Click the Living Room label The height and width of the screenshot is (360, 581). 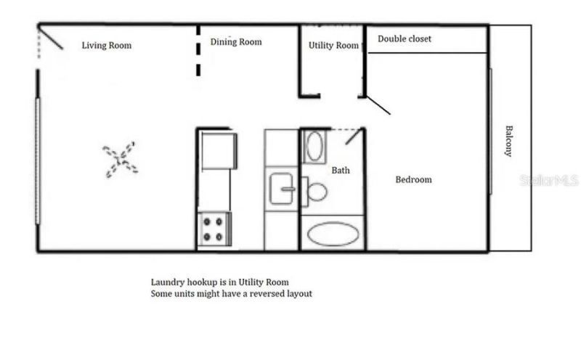click(x=106, y=46)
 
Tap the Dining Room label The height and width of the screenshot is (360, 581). click(x=236, y=42)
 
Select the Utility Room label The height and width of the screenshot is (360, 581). click(x=333, y=45)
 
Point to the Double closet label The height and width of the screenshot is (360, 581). click(x=405, y=38)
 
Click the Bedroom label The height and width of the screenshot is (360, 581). click(x=413, y=179)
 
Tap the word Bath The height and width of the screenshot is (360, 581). click(x=341, y=171)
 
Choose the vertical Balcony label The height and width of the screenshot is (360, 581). click(x=509, y=141)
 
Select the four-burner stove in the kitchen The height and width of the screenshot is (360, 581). click(x=214, y=229)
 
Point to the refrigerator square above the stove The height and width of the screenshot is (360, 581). click(x=219, y=150)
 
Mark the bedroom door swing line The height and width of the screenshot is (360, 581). click(x=378, y=105)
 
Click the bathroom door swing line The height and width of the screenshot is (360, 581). click(x=354, y=136)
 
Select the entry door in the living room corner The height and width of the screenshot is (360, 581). click(x=51, y=38)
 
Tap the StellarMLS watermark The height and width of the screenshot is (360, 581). click(x=548, y=180)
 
